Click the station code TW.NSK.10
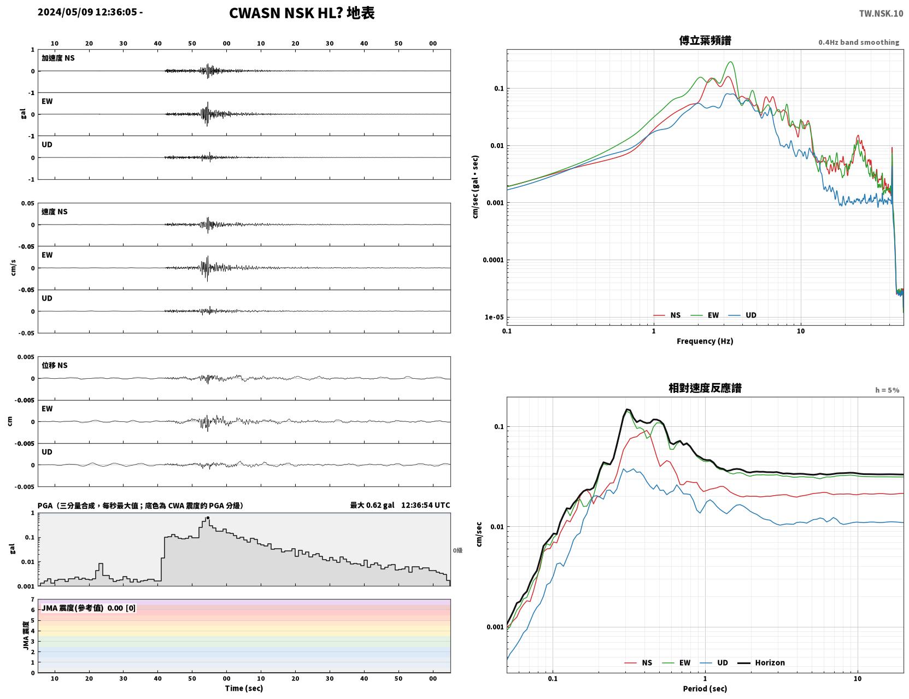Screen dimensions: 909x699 point(881,13)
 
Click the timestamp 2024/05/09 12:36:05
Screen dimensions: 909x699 point(87,12)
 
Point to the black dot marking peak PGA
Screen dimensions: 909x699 point(208,518)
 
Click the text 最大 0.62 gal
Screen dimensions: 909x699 point(372,505)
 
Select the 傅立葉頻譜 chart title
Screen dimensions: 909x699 point(705,40)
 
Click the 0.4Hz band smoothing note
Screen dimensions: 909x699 point(858,42)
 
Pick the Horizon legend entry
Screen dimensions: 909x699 point(761,662)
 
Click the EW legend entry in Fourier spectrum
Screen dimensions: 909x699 point(705,315)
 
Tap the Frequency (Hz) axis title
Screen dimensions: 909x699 point(705,341)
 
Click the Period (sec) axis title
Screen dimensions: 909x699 point(705,689)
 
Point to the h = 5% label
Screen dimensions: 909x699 point(887,390)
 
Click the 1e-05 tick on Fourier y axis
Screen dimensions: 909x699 point(494,317)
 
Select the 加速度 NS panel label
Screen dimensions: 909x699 point(58,58)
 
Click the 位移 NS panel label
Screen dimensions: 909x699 point(54,366)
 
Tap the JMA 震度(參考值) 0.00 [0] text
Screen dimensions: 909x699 point(89,608)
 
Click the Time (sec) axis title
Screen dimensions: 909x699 point(244,688)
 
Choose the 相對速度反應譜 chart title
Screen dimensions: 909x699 point(705,388)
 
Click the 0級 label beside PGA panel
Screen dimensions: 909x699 point(458,550)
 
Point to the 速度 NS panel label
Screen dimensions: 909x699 point(54,212)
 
